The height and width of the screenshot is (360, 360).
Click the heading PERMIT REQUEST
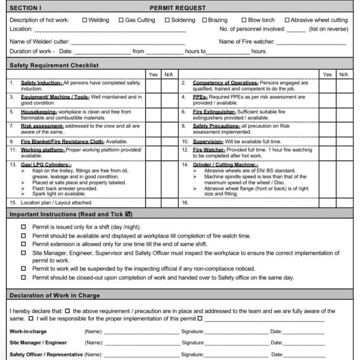[x=177, y=8]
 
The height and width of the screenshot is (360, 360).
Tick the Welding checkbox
[x=84, y=20]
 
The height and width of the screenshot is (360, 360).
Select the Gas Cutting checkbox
[x=121, y=20]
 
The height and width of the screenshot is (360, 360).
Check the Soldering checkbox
[x=167, y=20]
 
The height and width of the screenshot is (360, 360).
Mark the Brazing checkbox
[x=204, y=20]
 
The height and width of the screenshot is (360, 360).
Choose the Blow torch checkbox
[x=244, y=20]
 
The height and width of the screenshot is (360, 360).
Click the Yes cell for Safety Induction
[x=153, y=86]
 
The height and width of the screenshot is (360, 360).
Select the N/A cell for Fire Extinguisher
[x=343, y=115]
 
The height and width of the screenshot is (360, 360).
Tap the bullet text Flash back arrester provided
[x=65, y=188]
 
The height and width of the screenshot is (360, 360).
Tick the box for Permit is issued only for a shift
[x=23, y=227]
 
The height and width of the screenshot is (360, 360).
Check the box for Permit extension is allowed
[x=23, y=244]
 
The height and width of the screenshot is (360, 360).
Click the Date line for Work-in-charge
[x=304, y=331]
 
